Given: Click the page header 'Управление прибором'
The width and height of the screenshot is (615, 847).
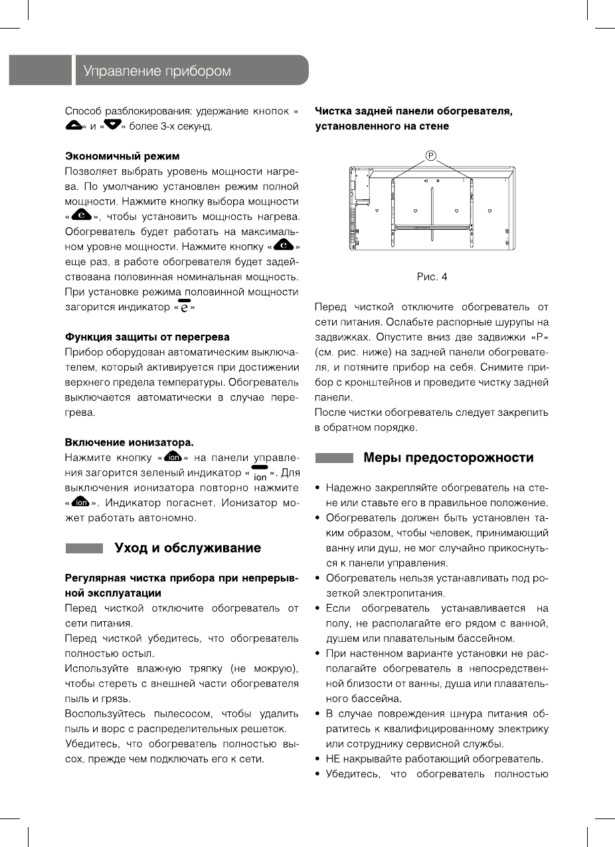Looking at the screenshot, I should (x=157, y=71).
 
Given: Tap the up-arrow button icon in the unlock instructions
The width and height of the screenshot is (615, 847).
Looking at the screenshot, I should (x=74, y=126).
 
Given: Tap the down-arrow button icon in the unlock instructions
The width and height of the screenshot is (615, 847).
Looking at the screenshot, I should (x=108, y=126).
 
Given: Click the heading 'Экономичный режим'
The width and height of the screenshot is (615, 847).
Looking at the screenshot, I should (x=122, y=156).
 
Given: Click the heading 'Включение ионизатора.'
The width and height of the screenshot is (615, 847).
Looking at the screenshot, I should (x=129, y=442).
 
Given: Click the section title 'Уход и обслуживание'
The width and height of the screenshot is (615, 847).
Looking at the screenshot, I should (x=188, y=548).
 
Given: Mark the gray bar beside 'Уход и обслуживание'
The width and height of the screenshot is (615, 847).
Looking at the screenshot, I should (x=84, y=549).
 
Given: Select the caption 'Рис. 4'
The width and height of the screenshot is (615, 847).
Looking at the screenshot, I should (x=432, y=277).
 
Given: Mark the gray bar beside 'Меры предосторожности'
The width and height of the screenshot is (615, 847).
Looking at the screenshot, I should (x=334, y=458).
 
